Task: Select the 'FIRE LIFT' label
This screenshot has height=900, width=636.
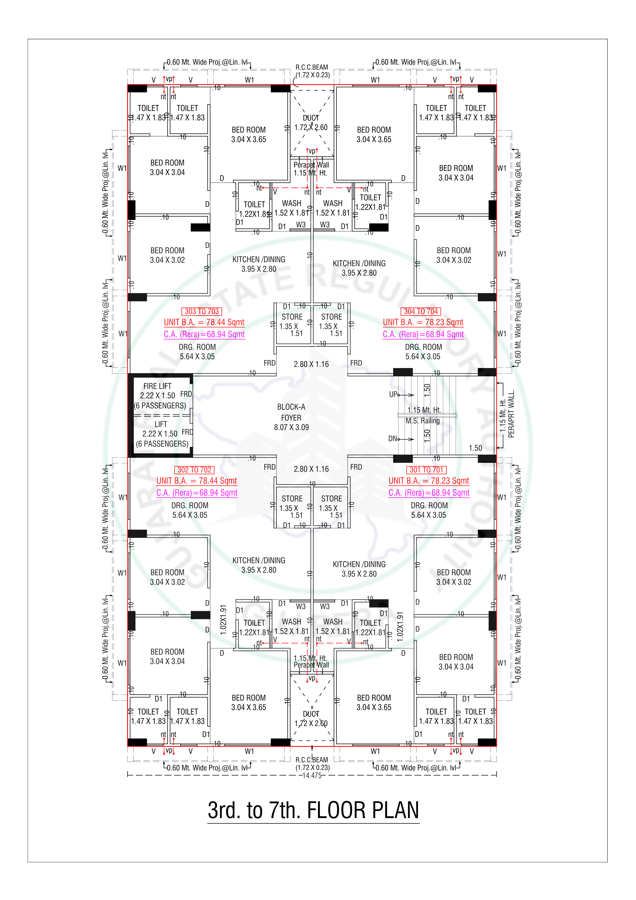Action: point(157,386)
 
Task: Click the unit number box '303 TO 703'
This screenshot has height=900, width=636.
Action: point(202,311)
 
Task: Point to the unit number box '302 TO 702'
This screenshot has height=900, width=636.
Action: point(194,470)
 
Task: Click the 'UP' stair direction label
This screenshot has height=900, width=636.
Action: point(393,394)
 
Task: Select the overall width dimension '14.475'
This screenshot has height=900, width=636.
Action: point(312,775)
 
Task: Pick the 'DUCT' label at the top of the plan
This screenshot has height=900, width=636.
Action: point(311,118)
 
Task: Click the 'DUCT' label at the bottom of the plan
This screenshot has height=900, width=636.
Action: point(311,714)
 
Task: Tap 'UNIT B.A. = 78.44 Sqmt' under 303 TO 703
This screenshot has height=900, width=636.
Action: point(204,322)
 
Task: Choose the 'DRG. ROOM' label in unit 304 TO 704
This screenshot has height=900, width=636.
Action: point(424,347)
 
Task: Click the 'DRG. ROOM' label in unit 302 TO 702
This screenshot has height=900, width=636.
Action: point(190,505)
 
